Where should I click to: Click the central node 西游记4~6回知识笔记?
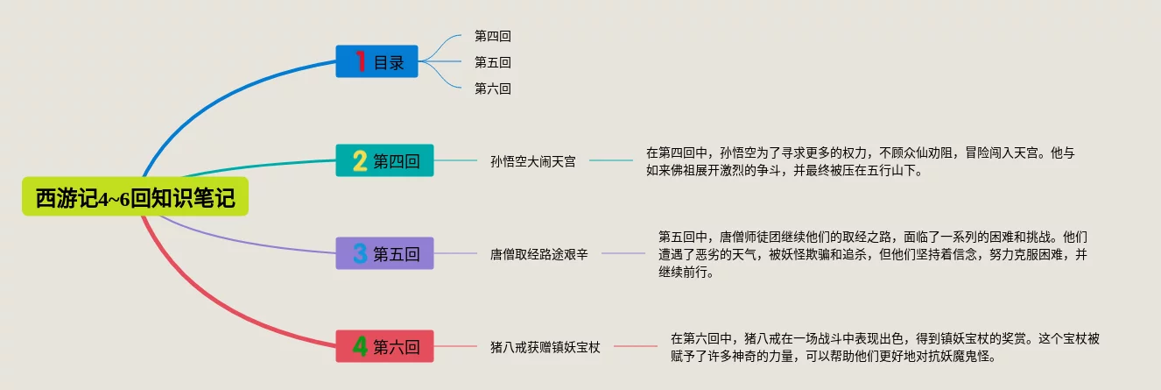(136, 198)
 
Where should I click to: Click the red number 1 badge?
(360, 61)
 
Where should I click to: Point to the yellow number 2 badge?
(360, 160)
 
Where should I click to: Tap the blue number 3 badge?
(360, 253)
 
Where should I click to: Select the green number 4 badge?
(360, 346)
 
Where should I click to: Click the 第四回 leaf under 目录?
(492, 36)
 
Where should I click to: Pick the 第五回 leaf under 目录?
(492, 62)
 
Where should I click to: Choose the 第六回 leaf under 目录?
(492, 89)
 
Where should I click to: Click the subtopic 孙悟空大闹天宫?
(533, 161)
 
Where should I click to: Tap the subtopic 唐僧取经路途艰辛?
(538, 254)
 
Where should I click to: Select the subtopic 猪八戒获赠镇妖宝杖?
(545, 347)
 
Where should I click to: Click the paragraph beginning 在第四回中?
(860, 161)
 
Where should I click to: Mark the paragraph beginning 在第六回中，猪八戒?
(885, 347)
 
